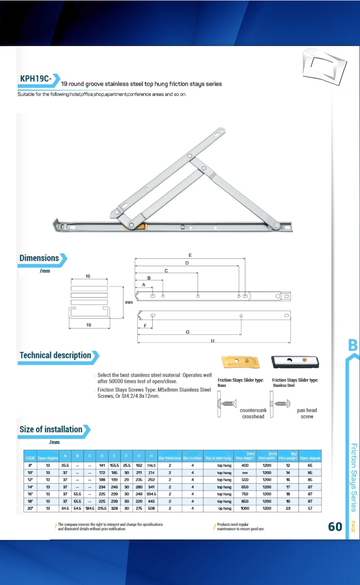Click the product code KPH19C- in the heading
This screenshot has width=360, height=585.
[35, 79]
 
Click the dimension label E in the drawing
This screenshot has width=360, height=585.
[190, 255]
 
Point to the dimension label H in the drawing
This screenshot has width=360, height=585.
[212, 341]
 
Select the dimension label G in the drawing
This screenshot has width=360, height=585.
[187, 332]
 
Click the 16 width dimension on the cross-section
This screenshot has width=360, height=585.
[88, 276]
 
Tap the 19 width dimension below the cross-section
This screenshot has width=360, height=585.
[89, 325]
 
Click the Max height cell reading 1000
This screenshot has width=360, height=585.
[245, 508]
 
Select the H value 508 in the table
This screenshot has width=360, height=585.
[151, 508]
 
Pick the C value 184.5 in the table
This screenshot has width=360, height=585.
[90, 508]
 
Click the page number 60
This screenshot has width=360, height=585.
[335, 527]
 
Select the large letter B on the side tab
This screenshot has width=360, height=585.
[353, 346]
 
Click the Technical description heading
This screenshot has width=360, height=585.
[55, 355]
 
